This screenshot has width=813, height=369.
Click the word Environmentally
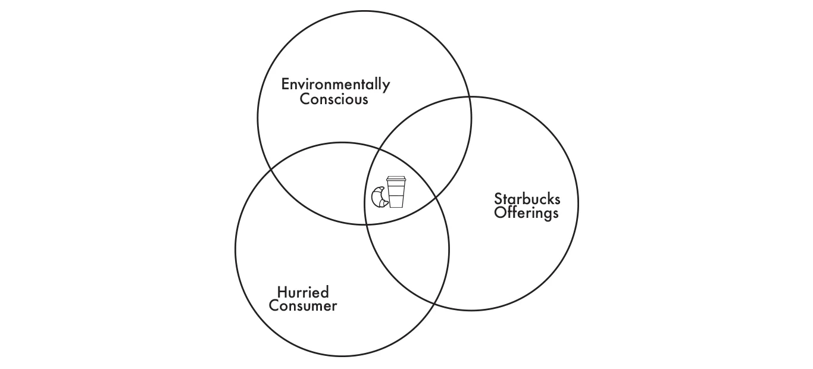tap(335, 85)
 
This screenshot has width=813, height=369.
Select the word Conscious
tap(334, 99)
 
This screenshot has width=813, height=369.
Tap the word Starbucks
tap(527, 199)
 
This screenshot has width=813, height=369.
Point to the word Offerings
tap(527, 212)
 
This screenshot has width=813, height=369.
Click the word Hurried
tap(303, 292)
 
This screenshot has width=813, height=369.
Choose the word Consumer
tap(303, 306)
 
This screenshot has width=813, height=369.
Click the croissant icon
tap(379, 197)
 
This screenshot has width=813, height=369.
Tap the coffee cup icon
tap(396, 191)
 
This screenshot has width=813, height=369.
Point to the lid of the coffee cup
tap(396, 179)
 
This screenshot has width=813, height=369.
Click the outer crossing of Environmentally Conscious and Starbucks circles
tap(470, 97)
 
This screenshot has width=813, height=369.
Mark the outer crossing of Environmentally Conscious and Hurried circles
tap(271, 169)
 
